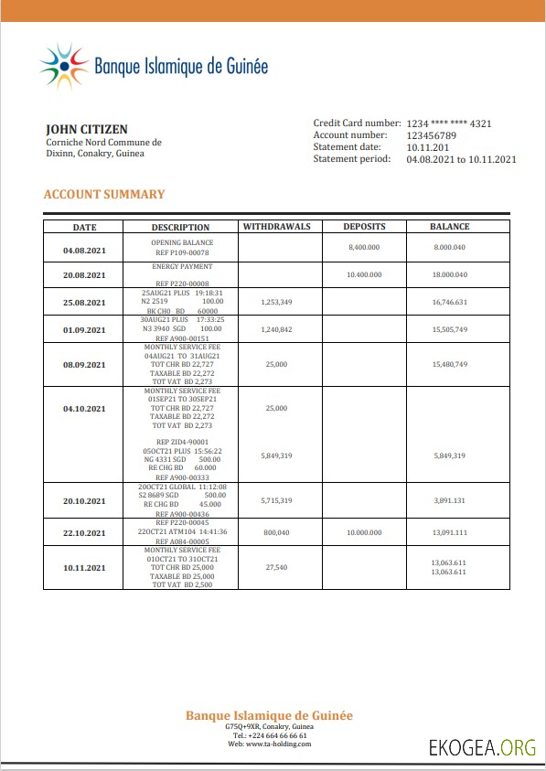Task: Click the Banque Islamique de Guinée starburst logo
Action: (x=63, y=66)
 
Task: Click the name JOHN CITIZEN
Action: (x=87, y=129)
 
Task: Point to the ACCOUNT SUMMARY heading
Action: (x=104, y=194)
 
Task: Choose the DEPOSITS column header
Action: (x=364, y=227)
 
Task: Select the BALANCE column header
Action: (x=450, y=227)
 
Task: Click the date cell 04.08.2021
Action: (x=84, y=250)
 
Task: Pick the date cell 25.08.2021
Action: (x=84, y=303)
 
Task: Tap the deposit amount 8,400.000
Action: (x=364, y=247)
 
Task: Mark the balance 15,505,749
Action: (x=450, y=329)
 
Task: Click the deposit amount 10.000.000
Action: (x=364, y=532)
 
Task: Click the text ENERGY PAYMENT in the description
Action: (x=182, y=266)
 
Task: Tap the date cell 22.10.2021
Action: (x=84, y=532)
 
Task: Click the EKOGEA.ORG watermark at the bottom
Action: (x=482, y=747)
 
